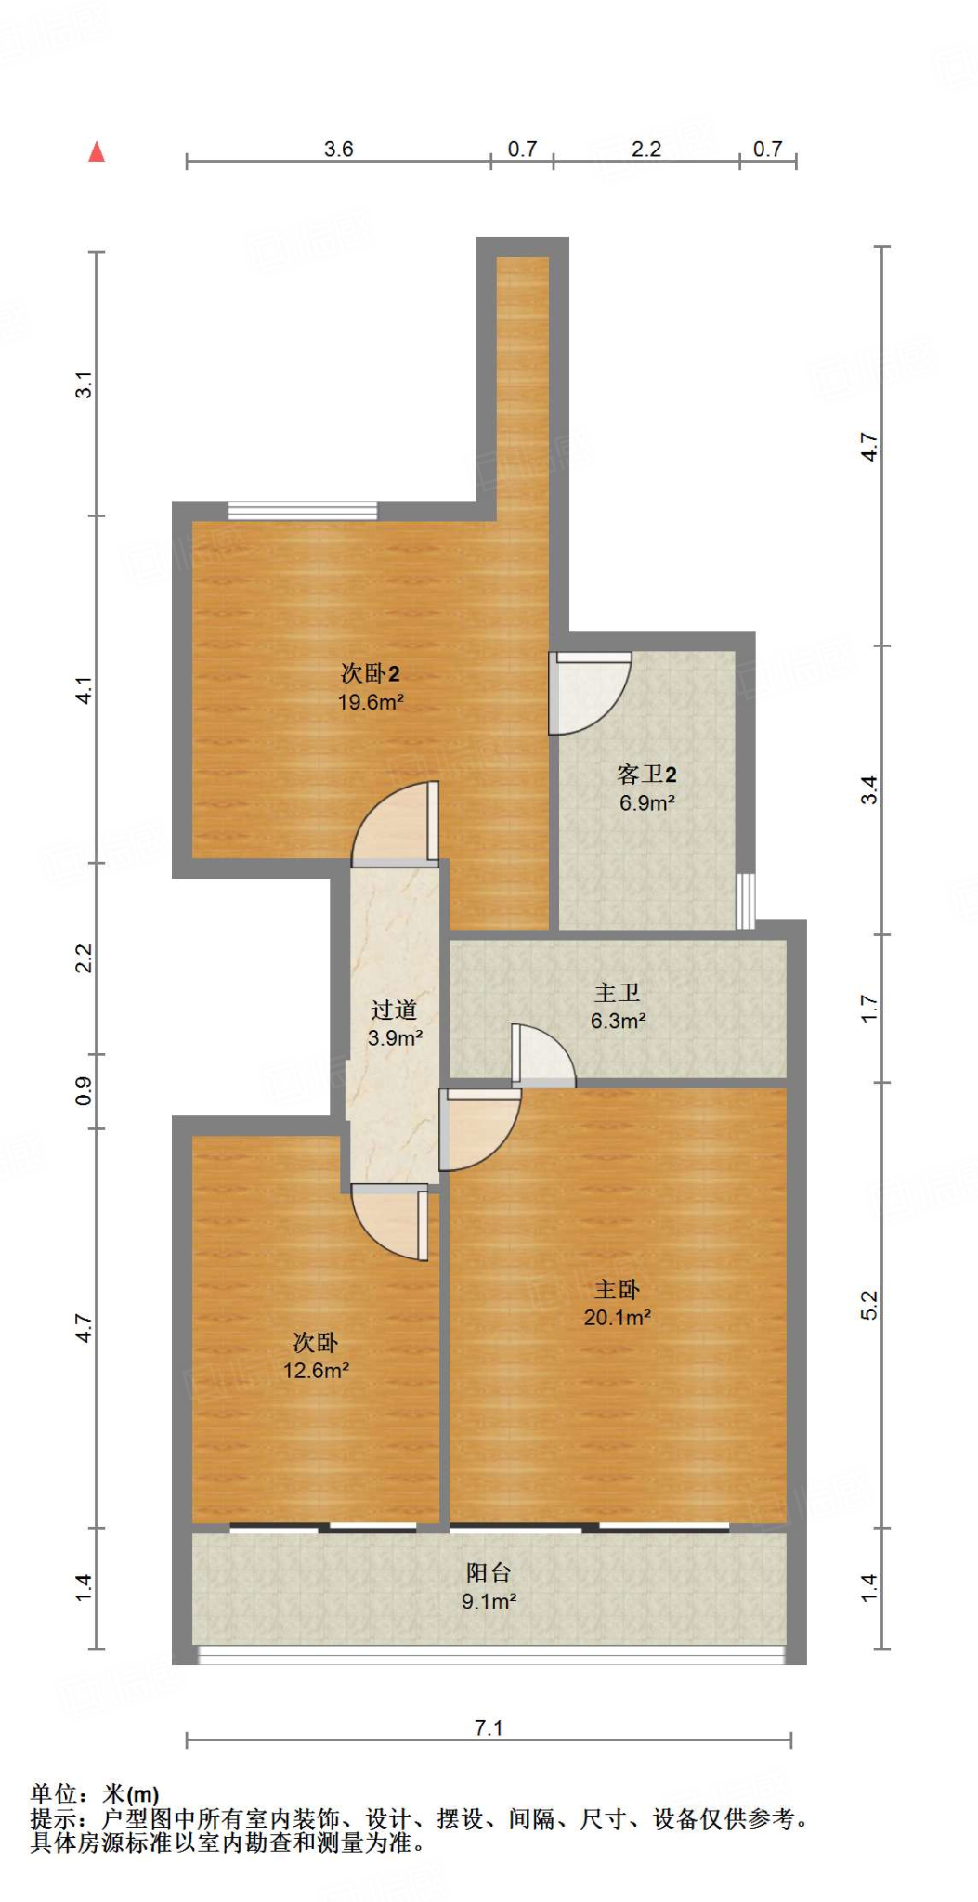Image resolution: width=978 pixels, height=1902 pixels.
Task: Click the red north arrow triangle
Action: tap(97, 151)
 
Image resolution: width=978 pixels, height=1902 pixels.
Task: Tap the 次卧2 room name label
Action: tap(370, 673)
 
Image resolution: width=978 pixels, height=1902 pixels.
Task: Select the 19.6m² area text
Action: tap(370, 702)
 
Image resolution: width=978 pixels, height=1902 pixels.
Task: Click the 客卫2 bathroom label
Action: tap(646, 774)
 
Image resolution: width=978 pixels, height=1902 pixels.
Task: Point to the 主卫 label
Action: tap(618, 993)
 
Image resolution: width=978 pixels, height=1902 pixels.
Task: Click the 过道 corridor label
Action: tap(394, 1010)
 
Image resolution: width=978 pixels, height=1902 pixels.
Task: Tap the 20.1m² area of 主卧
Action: tap(617, 1317)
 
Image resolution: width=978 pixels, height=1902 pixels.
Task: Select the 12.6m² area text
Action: tap(316, 1370)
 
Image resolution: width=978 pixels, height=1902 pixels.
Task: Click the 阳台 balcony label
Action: tap(489, 1572)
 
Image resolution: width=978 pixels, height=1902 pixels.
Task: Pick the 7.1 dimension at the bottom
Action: tap(489, 1727)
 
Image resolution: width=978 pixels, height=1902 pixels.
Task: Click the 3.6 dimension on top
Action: tap(338, 149)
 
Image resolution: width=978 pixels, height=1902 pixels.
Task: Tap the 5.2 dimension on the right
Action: tap(868, 1305)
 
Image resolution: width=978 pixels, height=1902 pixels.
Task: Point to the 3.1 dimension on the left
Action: tap(84, 384)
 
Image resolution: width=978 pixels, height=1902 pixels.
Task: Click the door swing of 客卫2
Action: tap(587, 692)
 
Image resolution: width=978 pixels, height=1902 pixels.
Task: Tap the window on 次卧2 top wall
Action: tap(303, 510)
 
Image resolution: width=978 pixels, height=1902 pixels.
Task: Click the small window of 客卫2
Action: tap(745, 900)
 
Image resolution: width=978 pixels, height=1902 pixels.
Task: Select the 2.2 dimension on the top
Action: tap(646, 149)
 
